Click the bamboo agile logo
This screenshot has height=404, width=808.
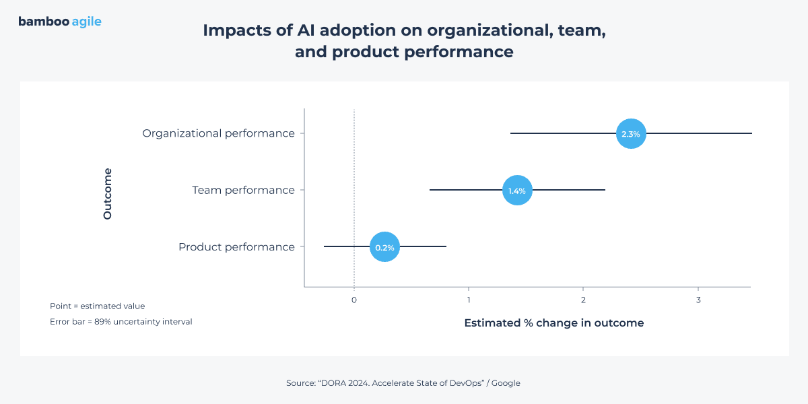pyautogui.click(x=60, y=22)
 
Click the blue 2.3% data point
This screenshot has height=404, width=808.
pyautogui.click(x=631, y=134)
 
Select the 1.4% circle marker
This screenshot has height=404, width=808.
pyautogui.click(x=517, y=191)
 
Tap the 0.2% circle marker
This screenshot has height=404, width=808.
pyautogui.click(x=384, y=247)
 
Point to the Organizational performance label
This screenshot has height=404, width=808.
pyautogui.click(x=218, y=133)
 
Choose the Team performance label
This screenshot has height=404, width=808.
pyautogui.click(x=243, y=190)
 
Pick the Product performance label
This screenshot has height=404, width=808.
pyautogui.click(x=236, y=247)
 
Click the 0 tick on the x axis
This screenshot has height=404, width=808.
pyautogui.click(x=354, y=300)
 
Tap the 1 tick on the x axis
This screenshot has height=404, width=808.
pyautogui.click(x=469, y=300)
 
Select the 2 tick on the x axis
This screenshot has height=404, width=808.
pyautogui.click(x=583, y=300)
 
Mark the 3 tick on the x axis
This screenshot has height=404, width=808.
pyautogui.click(x=698, y=300)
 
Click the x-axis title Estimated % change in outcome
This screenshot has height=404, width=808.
pyautogui.click(x=553, y=323)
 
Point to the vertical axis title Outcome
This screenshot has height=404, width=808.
pyautogui.click(x=108, y=193)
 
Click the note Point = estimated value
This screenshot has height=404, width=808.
pyautogui.click(x=97, y=306)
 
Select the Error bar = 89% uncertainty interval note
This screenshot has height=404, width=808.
pyautogui.click(x=121, y=322)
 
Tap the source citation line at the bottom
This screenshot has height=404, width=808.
pyautogui.click(x=403, y=383)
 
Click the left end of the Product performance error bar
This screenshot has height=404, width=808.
pyautogui.click(x=325, y=247)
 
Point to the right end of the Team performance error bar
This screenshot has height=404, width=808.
pyautogui.click(x=605, y=191)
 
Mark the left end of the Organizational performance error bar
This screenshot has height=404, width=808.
pyautogui.click(x=511, y=134)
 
